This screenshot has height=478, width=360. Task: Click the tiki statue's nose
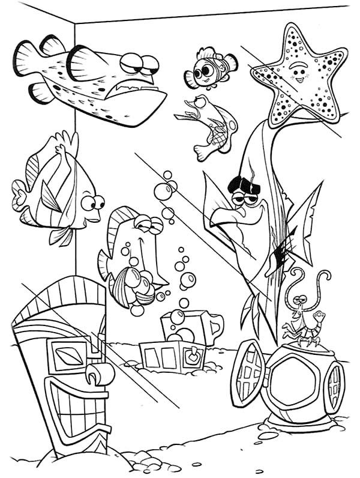tap(99, 374)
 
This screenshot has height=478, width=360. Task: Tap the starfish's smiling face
tap(298, 75)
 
